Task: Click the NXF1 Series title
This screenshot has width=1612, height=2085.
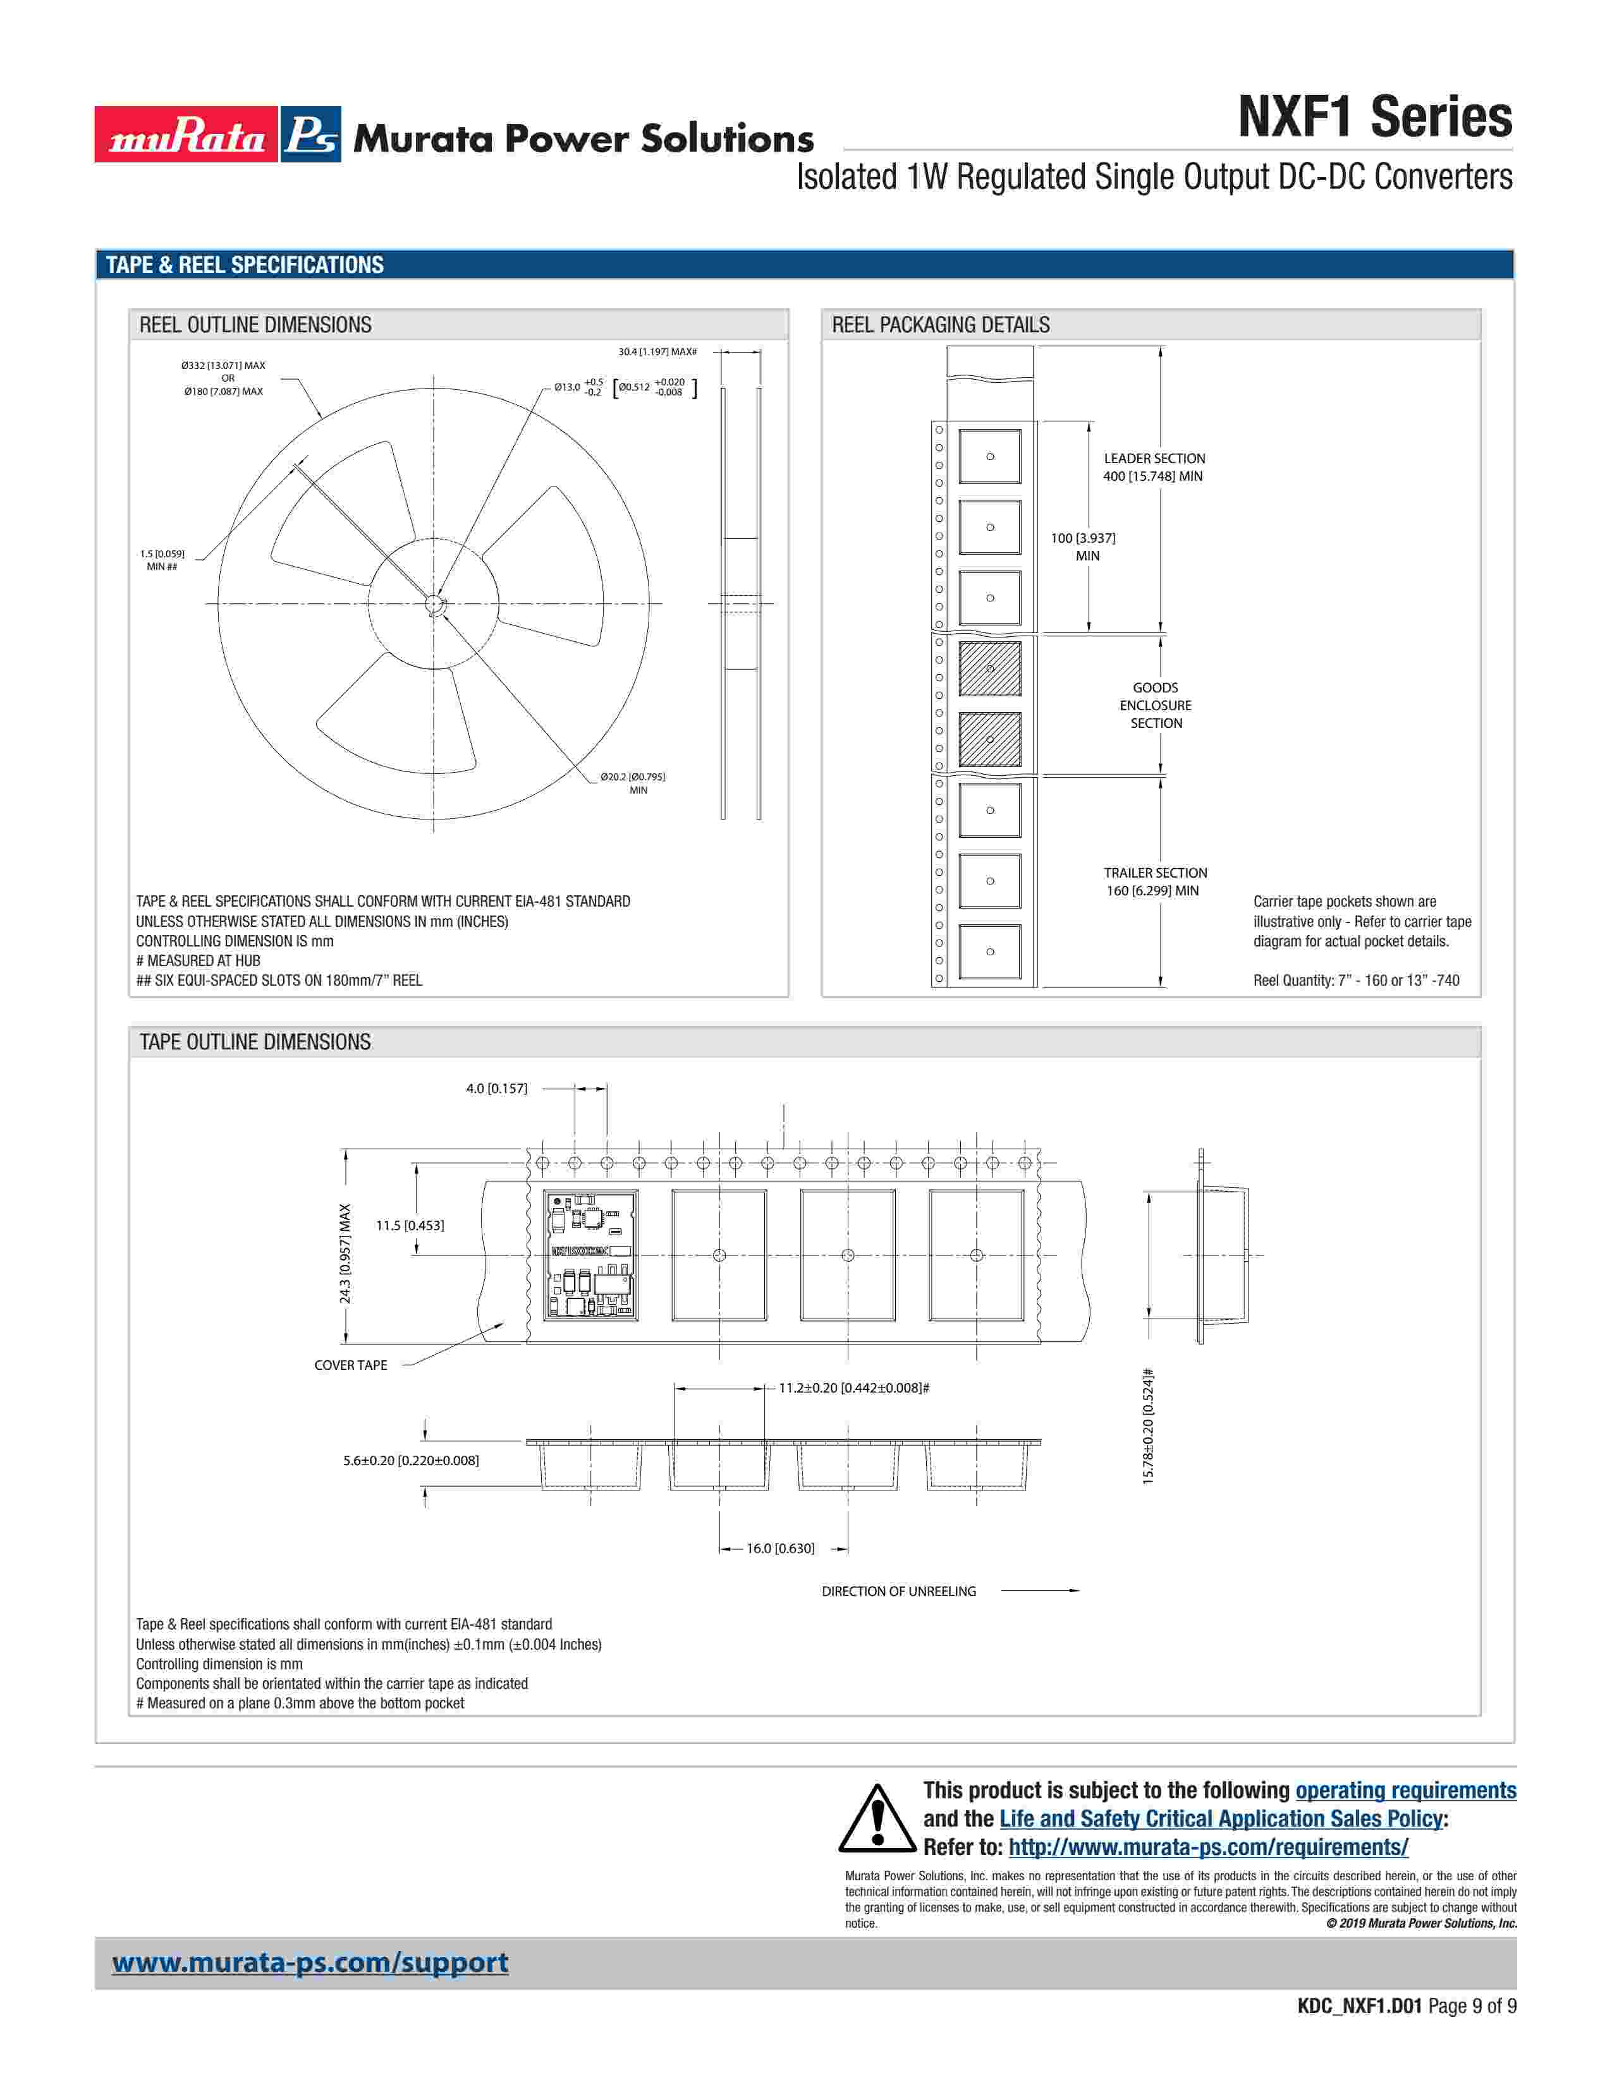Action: click(1375, 118)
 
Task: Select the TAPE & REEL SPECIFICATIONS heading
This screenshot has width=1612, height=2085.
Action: click(245, 265)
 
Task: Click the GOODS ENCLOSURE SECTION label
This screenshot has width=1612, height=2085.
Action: click(1156, 706)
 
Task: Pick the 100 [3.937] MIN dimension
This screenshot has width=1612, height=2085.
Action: click(1083, 547)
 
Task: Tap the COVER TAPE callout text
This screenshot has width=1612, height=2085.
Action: click(350, 1365)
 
